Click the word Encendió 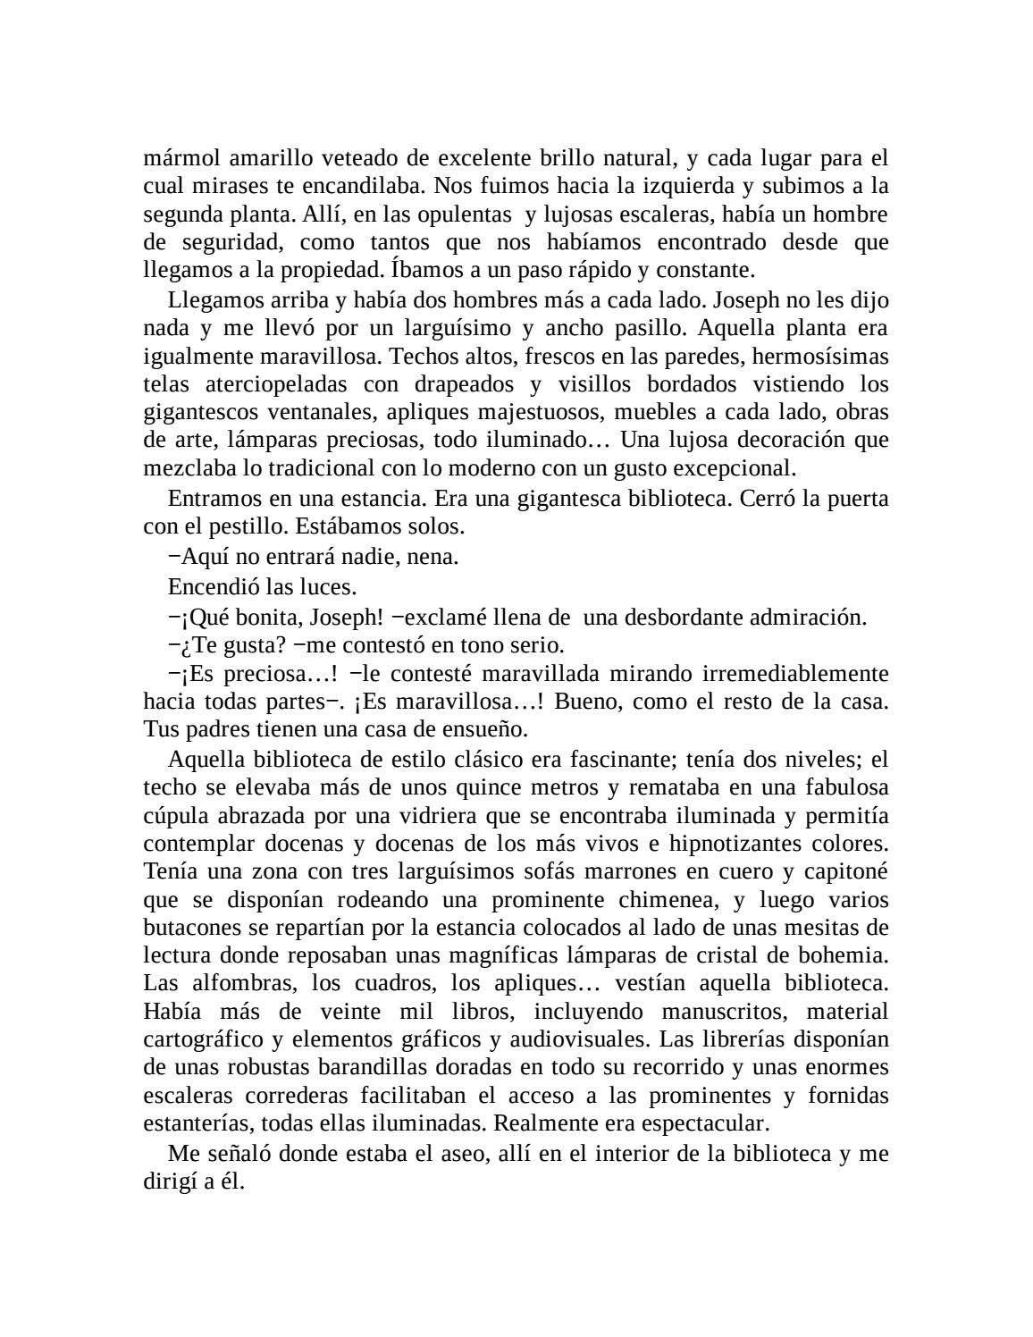coord(207,586)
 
